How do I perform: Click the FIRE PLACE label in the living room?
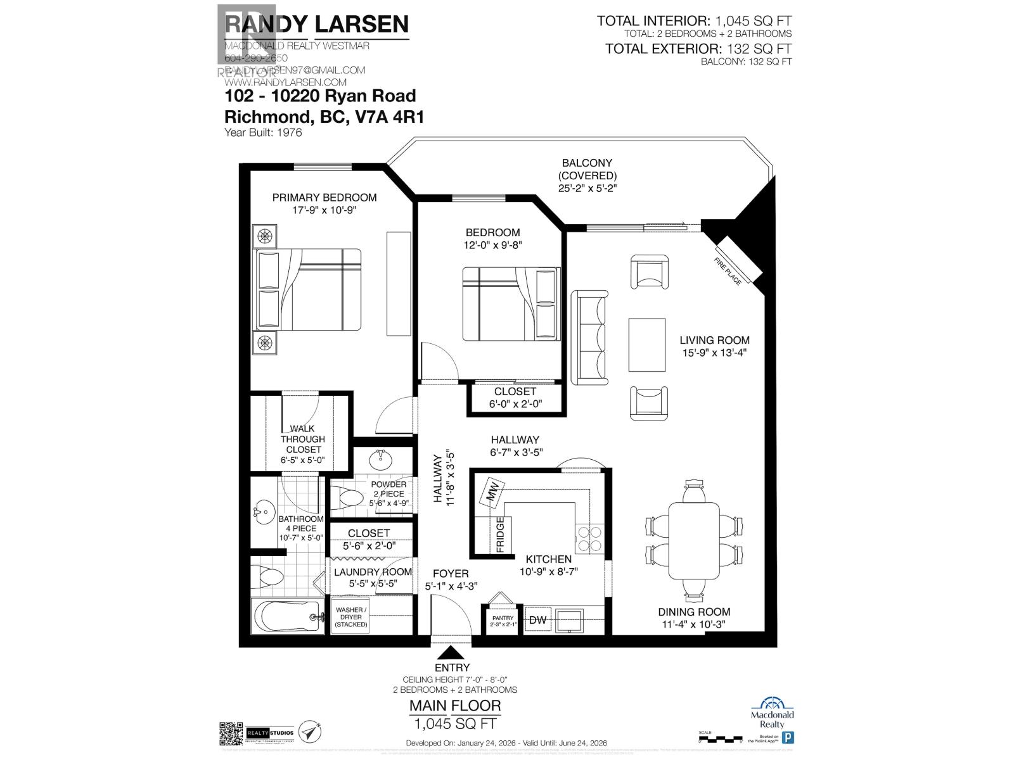coord(728,272)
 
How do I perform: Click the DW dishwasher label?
coord(538,620)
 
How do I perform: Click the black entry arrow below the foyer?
coord(451,652)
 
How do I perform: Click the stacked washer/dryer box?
coord(350,617)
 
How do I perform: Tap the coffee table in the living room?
coord(646,345)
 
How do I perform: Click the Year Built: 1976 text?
coord(263,132)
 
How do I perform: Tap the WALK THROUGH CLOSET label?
coord(302,439)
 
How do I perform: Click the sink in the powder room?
coord(381,457)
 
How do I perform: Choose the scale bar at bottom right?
coord(719,738)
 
